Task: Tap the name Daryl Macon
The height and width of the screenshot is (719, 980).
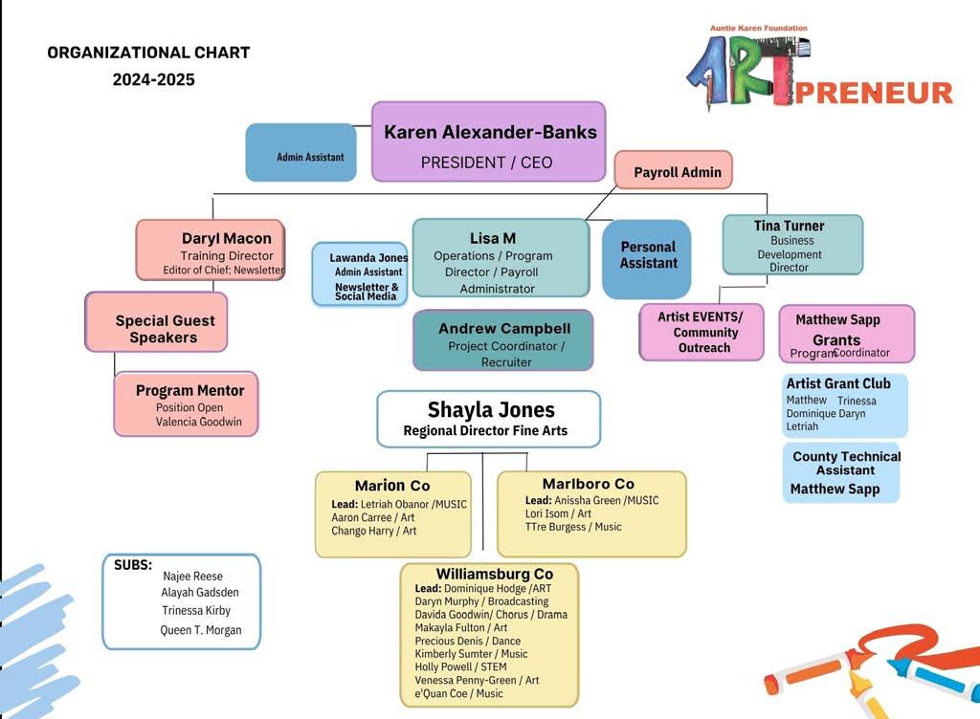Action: click(x=227, y=238)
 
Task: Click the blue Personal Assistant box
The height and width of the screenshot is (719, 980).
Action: click(x=648, y=255)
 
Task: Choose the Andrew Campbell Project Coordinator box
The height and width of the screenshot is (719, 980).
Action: click(x=503, y=340)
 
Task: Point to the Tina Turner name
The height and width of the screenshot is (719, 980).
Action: click(x=789, y=226)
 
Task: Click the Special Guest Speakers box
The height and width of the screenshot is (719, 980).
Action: click(x=165, y=329)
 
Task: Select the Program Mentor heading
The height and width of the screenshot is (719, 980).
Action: click(x=189, y=390)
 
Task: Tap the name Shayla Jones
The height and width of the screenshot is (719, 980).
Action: click(x=491, y=410)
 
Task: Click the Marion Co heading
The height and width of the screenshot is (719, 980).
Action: click(x=392, y=486)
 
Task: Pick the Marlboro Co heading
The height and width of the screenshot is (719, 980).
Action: click(x=588, y=484)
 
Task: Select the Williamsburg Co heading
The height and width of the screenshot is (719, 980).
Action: click(x=495, y=574)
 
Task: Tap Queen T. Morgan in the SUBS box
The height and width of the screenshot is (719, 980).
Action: click(x=201, y=630)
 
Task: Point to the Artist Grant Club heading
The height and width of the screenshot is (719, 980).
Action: click(x=838, y=383)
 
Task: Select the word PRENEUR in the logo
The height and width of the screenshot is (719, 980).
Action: click(x=873, y=93)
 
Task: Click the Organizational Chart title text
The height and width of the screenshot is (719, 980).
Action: click(x=148, y=53)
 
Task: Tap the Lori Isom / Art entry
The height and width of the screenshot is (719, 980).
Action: click(x=558, y=513)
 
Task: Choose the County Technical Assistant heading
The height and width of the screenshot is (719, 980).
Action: click(x=846, y=463)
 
